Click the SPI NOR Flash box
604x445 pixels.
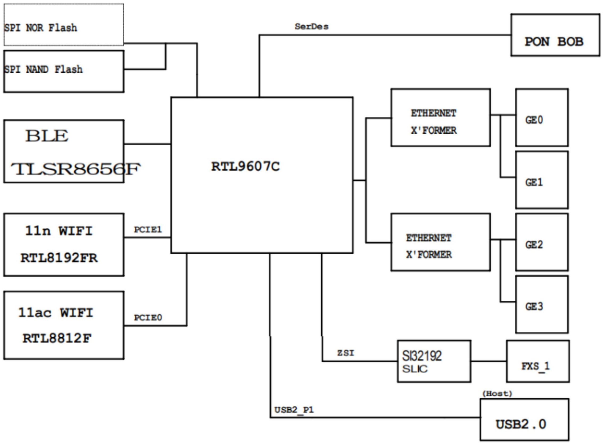pyautogui.click(x=64, y=25)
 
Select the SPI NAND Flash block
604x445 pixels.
pyautogui.click(x=64, y=71)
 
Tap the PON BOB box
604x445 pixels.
pyautogui.click(x=555, y=35)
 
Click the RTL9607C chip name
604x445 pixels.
pyautogui.click(x=245, y=166)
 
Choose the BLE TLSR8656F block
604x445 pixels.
pyautogui.click(x=64, y=151)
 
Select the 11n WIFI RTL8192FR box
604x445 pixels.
pyautogui.click(x=64, y=245)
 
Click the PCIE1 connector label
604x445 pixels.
pyautogui.click(x=148, y=230)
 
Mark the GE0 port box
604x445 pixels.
pyautogui.click(x=542, y=118)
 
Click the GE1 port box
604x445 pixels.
pyautogui.click(x=542, y=180)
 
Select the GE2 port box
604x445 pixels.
pyautogui.click(x=542, y=242)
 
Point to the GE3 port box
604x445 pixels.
pyautogui.click(x=542, y=304)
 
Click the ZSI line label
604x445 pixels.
pyautogui.click(x=346, y=353)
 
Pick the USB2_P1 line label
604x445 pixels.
pyautogui.click(x=294, y=410)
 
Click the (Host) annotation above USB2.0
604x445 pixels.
pyautogui.click(x=497, y=394)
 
